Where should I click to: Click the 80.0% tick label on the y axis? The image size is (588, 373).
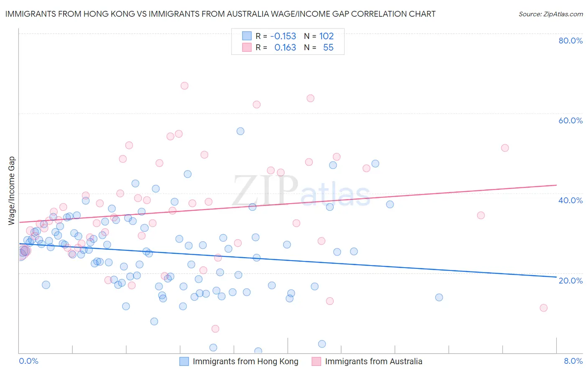point(570,41)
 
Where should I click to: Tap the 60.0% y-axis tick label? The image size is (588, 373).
point(570,120)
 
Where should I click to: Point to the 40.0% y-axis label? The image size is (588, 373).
point(570,200)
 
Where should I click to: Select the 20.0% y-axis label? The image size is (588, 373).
point(570,280)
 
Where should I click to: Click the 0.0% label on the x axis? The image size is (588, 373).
point(28,361)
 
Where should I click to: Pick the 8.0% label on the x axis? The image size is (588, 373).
point(573,361)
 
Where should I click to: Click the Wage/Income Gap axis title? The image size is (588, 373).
point(12,191)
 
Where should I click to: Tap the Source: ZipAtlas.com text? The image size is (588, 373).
point(550,14)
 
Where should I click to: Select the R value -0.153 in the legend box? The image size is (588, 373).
point(283,36)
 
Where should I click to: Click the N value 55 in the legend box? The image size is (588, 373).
point(328,48)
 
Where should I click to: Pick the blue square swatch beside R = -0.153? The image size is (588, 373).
point(247,36)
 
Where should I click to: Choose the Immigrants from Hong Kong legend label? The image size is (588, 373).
point(245,361)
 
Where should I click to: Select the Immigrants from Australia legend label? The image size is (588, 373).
point(373,361)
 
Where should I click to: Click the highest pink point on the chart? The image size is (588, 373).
point(184,86)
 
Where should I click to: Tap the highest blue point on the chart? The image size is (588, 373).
point(240,131)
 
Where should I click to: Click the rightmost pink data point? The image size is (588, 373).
point(544,308)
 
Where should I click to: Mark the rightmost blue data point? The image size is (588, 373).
point(439,297)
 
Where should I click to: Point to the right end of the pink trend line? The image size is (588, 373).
point(557,185)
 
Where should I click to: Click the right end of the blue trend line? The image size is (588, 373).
point(557,277)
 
